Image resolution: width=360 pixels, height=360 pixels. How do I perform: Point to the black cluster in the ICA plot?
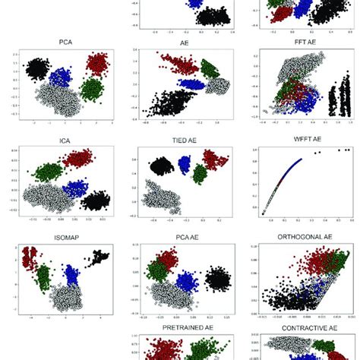pos(97,201)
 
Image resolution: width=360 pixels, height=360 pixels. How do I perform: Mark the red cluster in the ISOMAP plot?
pos(31,262)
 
